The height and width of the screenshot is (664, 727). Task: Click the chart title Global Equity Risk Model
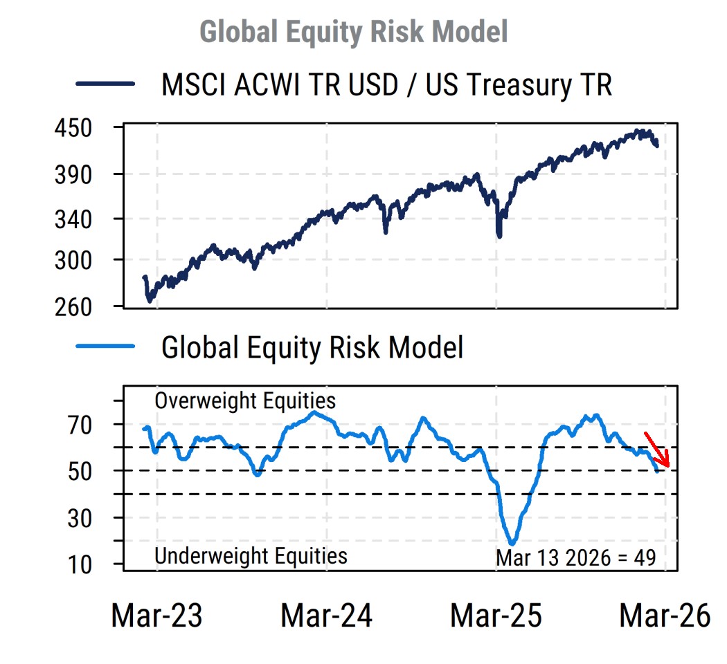tap(353, 32)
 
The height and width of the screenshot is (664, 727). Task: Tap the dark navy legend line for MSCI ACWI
tap(105, 84)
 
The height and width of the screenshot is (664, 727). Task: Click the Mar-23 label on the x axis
tap(156, 615)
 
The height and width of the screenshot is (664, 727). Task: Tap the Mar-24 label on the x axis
tap(326, 615)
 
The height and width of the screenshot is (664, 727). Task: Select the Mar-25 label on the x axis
tap(496, 615)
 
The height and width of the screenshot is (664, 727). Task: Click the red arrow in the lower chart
tap(657, 450)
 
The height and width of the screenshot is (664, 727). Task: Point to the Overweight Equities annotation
tap(244, 401)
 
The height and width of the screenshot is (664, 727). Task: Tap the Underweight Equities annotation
tap(250, 555)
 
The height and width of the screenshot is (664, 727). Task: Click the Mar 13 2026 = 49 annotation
tap(575, 557)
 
